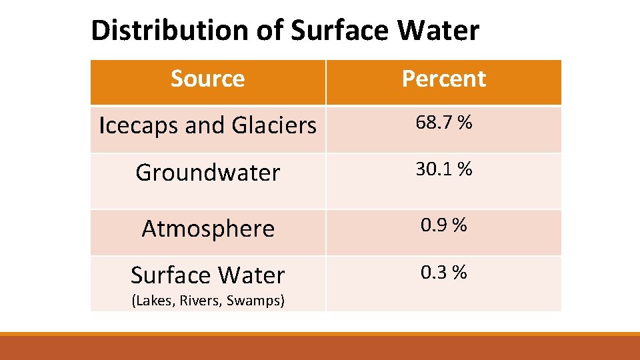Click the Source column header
(x=207, y=79)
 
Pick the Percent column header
(x=443, y=79)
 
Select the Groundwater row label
(x=207, y=173)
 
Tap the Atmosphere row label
(x=208, y=229)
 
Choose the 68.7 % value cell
(x=443, y=123)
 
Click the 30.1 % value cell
(x=443, y=169)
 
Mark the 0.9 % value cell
(x=443, y=225)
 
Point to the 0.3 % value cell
(x=443, y=272)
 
